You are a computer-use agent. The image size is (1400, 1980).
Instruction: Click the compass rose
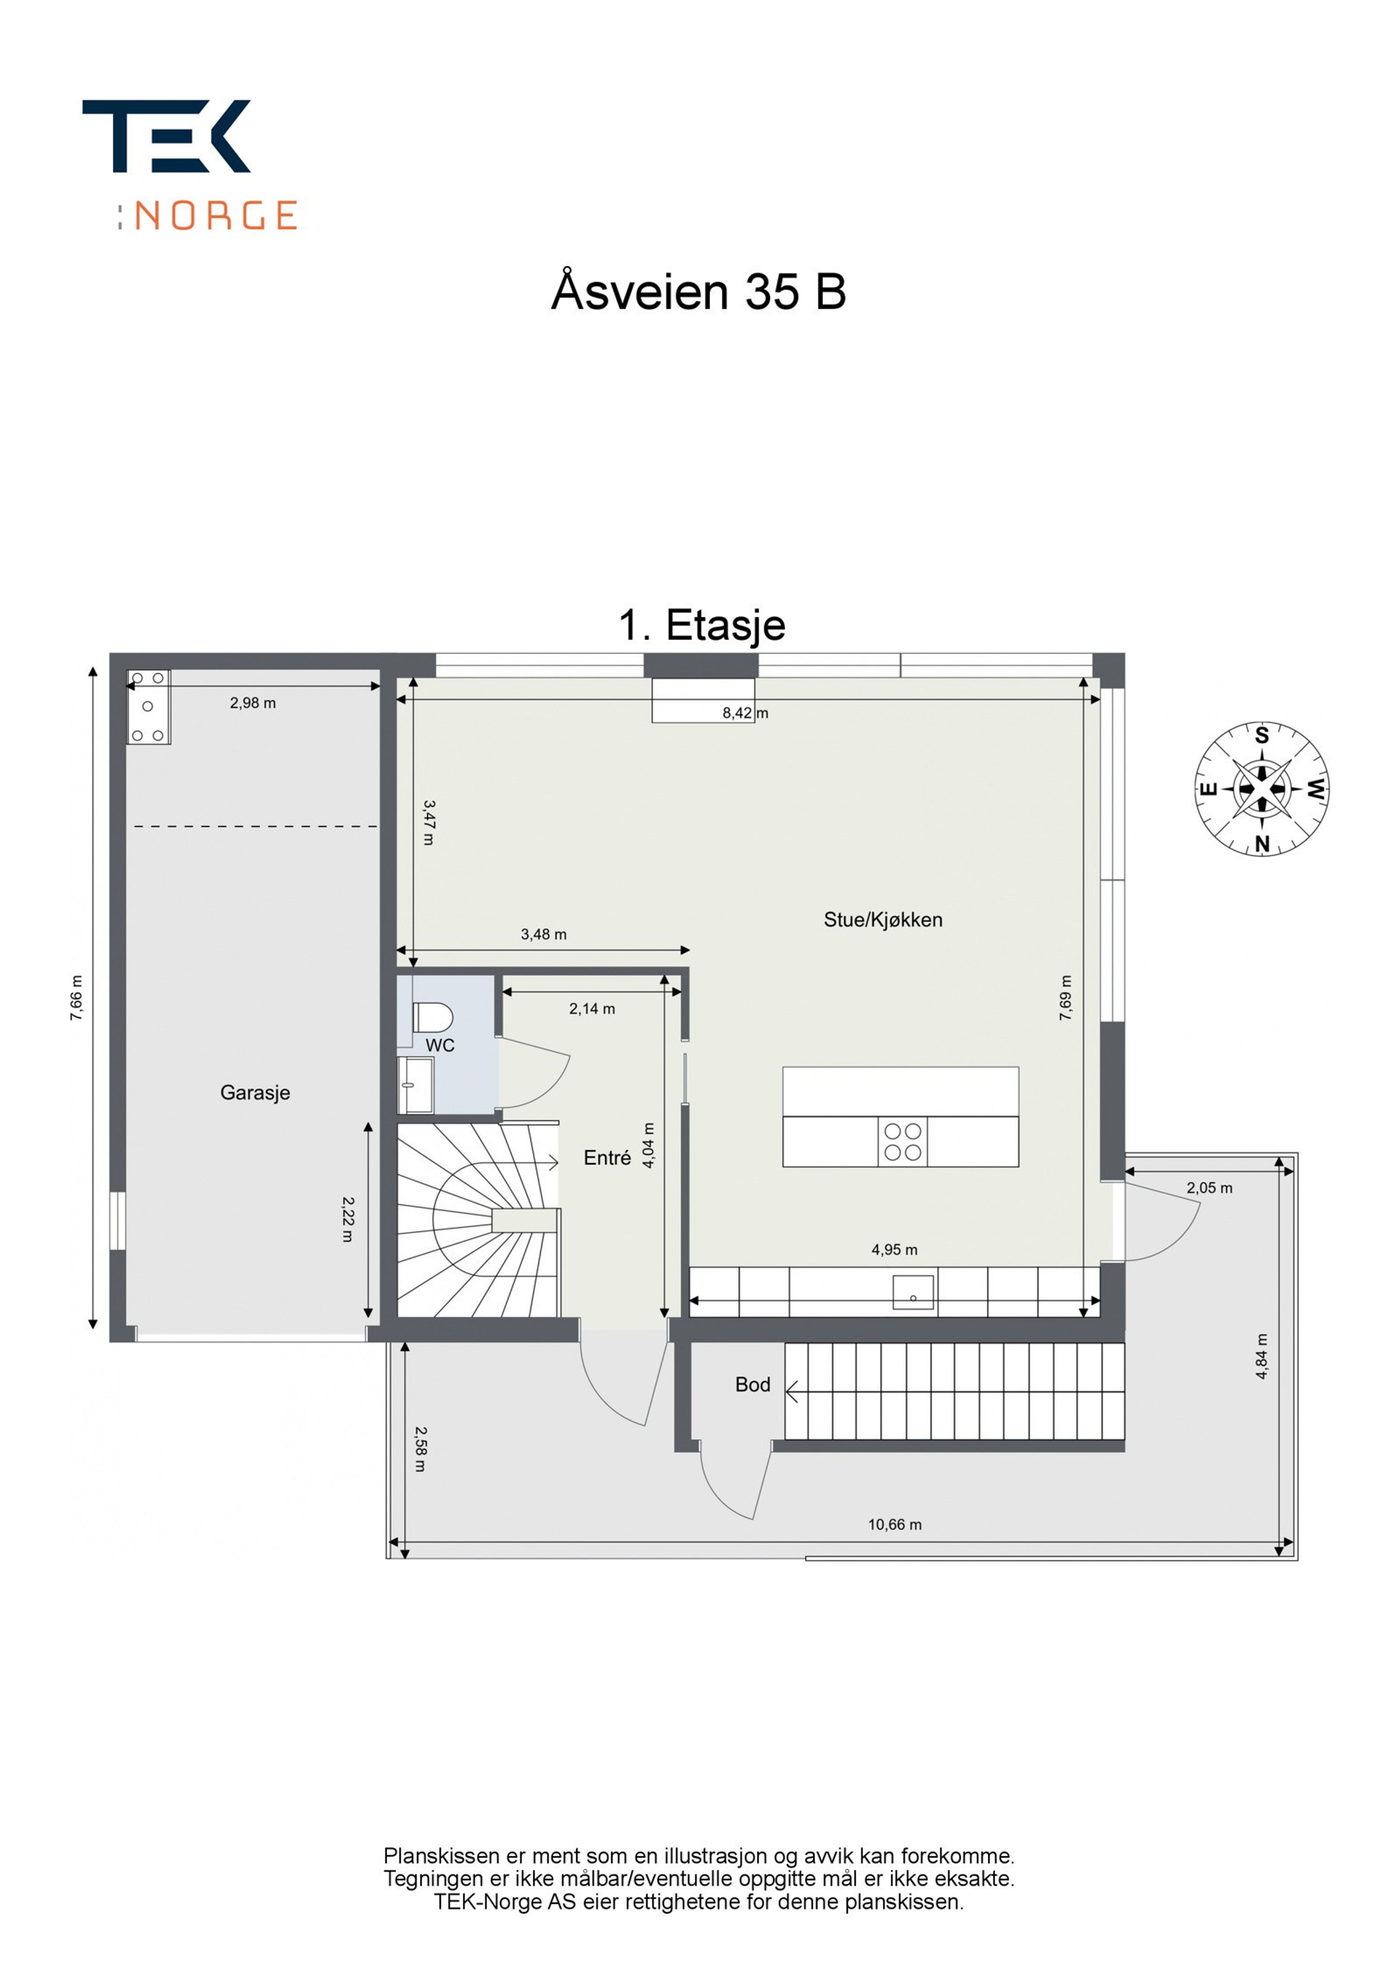[x=1261, y=789]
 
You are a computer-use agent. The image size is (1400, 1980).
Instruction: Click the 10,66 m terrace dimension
[x=895, y=1525]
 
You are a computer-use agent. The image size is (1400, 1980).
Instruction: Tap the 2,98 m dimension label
[x=253, y=703]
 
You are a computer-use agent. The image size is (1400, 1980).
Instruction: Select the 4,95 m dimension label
[x=895, y=1249]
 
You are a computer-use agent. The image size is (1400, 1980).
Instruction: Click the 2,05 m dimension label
[x=1209, y=1187]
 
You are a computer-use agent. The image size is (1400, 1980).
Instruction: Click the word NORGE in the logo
[x=217, y=215]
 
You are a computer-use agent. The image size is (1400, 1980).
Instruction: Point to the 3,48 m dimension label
[x=544, y=934]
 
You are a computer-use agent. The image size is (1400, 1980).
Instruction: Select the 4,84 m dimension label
[x=1262, y=1357]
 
